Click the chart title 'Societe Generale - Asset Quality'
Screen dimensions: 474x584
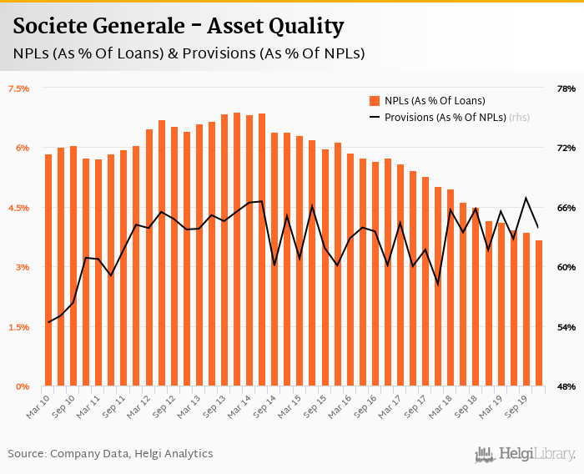178,27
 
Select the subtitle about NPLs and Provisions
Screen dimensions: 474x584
189,53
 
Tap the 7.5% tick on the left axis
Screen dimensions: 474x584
18,88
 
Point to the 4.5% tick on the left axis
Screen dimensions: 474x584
18,207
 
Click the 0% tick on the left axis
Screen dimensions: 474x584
22,386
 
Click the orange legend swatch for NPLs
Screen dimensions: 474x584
375,101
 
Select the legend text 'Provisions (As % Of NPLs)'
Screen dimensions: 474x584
446,117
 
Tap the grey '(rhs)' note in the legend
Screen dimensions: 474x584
520,117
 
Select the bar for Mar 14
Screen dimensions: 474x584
249,251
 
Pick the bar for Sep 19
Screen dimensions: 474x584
526,310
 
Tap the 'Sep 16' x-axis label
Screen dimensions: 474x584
368,404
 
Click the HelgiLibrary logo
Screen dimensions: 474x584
525,453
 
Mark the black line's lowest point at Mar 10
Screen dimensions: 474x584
48,322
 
